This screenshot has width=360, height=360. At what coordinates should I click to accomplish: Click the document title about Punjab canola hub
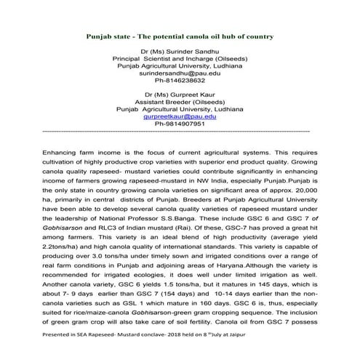[180, 36]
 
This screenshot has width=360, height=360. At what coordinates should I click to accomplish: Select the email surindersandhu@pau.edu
[180, 73]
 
